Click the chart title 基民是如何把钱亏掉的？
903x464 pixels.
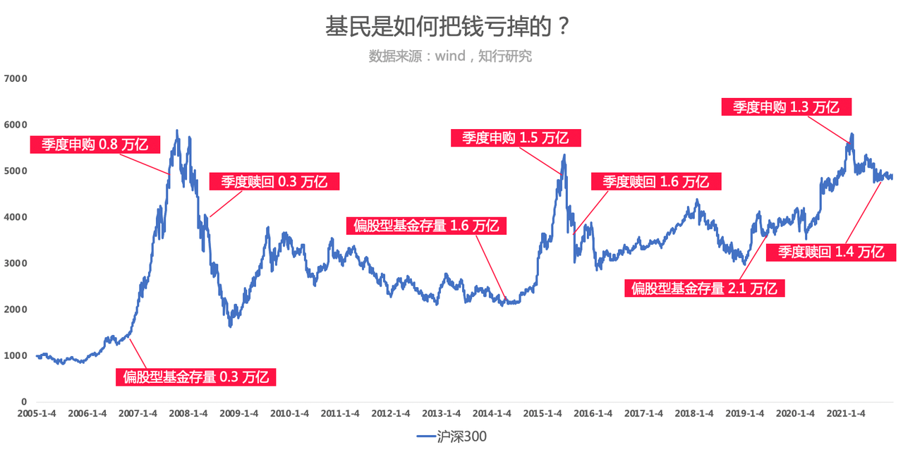(447, 28)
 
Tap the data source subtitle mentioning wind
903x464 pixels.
(450, 56)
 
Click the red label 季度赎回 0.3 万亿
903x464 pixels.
(274, 181)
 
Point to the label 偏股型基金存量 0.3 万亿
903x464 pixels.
(195, 377)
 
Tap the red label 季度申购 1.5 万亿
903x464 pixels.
(515, 138)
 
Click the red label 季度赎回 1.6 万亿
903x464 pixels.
(655, 181)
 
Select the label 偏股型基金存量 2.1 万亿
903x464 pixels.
(704, 288)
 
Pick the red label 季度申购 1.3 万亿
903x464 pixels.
(786, 107)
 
